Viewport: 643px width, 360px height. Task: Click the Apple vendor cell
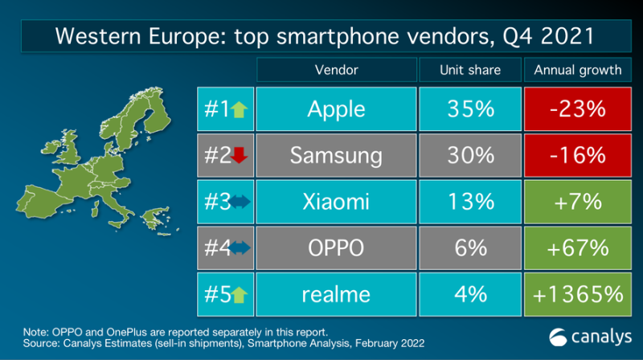[x=336, y=109]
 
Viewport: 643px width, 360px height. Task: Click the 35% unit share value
[x=470, y=109]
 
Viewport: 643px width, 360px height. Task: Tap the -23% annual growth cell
[x=578, y=109]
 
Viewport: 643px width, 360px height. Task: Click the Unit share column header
[x=470, y=69]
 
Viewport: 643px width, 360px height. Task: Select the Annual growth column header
[x=578, y=69]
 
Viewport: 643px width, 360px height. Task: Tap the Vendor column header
[x=336, y=69]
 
